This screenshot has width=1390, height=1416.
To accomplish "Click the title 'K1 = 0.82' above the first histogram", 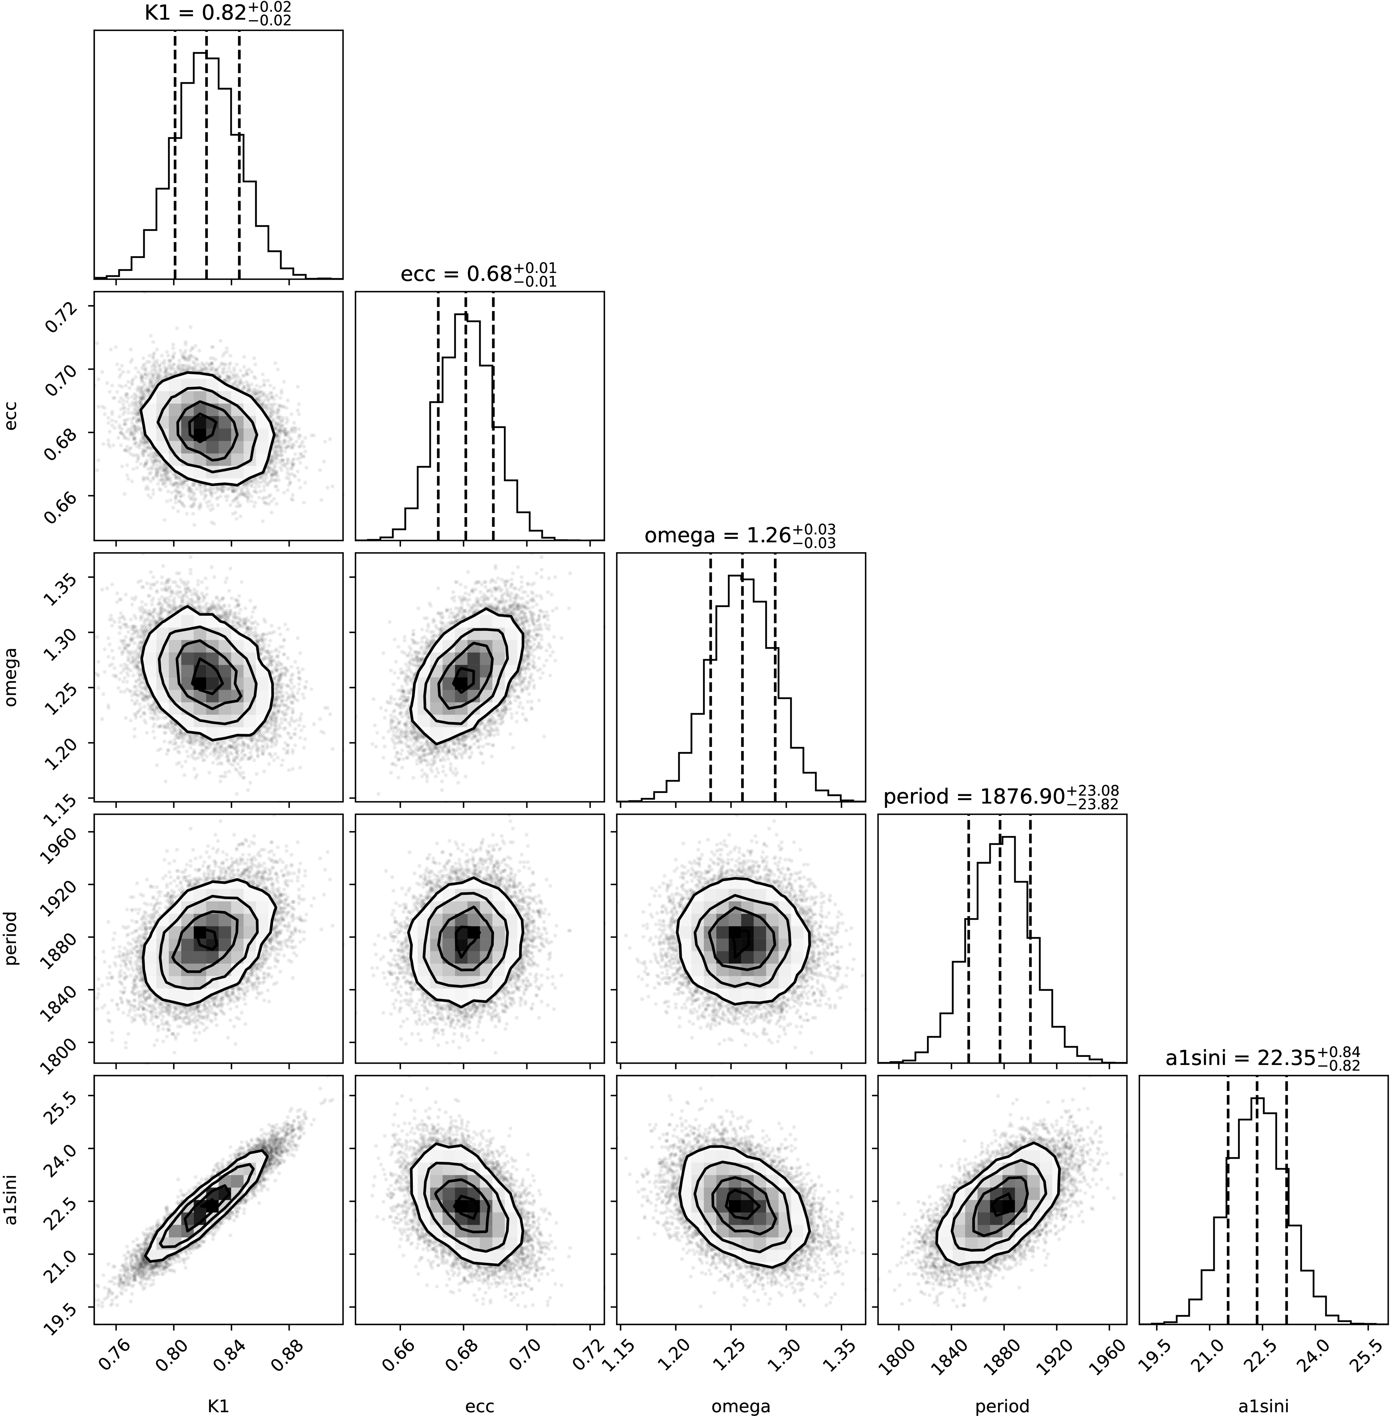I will (x=218, y=14).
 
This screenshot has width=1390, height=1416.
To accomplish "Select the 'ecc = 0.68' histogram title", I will (x=478, y=275).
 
